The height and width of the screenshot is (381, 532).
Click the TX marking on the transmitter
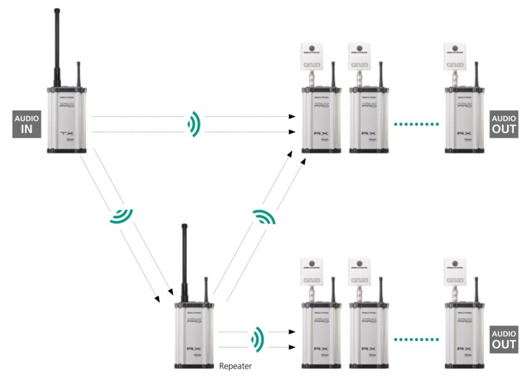pyautogui.click(x=67, y=134)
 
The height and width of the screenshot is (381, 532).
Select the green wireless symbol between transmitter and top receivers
pyautogui.click(x=193, y=124)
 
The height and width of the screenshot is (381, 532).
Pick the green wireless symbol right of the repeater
pyautogui.click(x=256, y=338)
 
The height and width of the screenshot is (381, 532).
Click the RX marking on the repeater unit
pyautogui.click(x=193, y=349)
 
